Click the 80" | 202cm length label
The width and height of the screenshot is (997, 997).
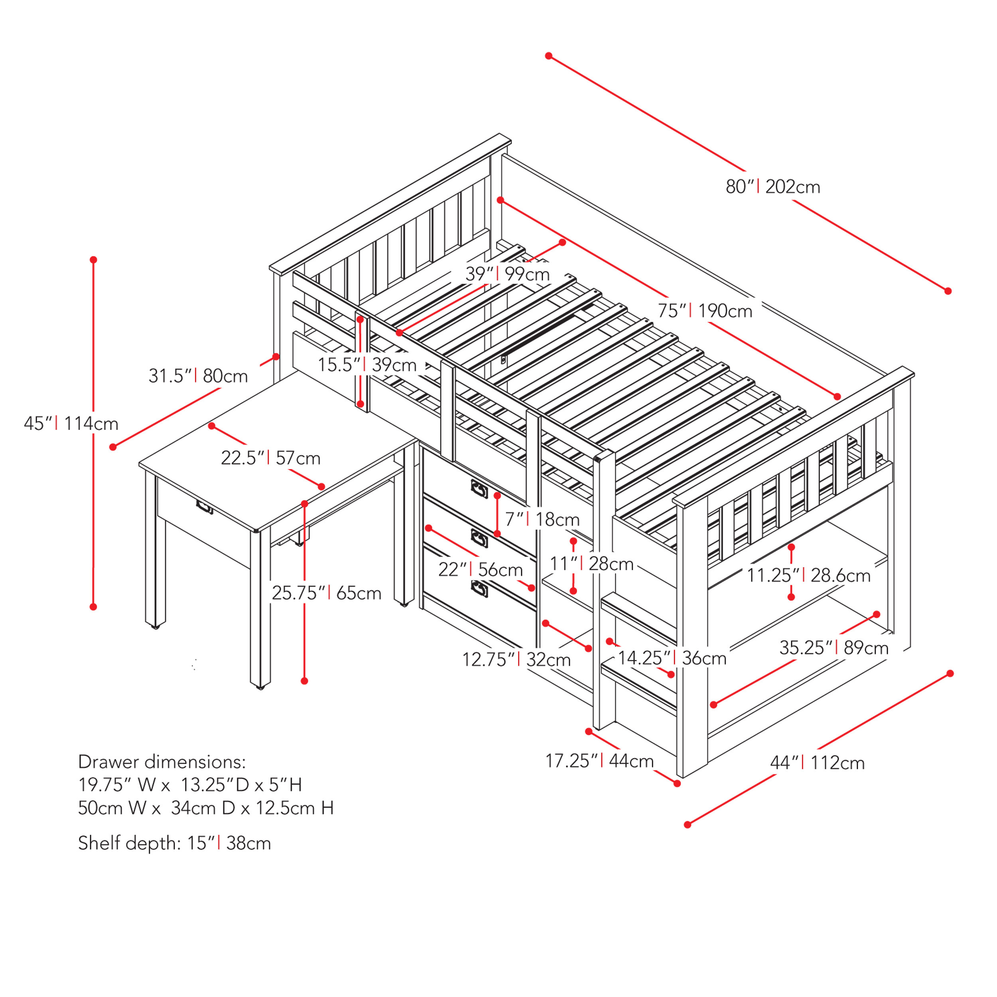(772, 186)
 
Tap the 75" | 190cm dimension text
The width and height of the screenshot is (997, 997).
(704, 311)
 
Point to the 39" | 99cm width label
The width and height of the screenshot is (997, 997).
(507, 274)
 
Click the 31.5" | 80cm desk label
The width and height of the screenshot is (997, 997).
(198, 376)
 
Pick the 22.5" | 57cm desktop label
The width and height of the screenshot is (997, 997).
(270, 458)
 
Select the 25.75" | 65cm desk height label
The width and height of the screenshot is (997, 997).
(326, 593)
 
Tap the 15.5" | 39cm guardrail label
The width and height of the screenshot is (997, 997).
(367, 365)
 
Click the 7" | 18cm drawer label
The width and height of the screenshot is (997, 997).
(542, 519)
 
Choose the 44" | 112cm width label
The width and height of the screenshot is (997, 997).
(817, 763)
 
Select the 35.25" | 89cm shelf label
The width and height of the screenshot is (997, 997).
(833, 648)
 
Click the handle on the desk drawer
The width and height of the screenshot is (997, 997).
(204, 507)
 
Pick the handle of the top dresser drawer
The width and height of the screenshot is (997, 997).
(479, 489)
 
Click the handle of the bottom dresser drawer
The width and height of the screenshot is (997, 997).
(479, 588)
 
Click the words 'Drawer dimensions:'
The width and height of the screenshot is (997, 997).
(162, 762)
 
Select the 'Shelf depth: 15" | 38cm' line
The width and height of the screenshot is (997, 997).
(174, 843)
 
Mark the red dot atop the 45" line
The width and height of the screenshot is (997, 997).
(93, 260)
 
